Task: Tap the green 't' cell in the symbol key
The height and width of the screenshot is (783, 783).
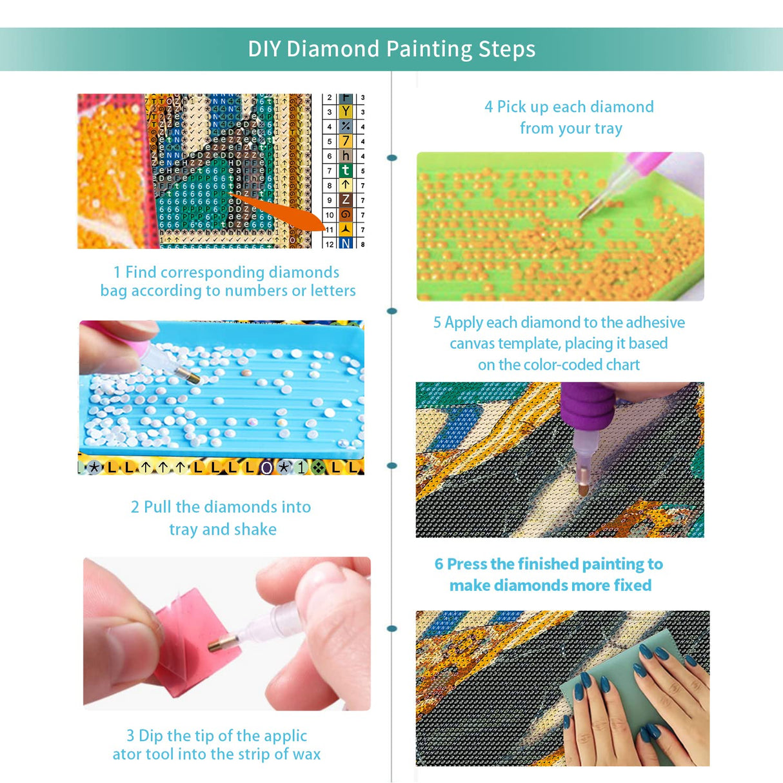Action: [346, 170]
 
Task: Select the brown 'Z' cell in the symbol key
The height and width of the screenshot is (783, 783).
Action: [346, 200]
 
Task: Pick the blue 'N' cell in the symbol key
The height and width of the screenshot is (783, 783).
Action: [346, 244]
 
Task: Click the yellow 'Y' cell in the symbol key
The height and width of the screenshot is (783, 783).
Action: [346, 112]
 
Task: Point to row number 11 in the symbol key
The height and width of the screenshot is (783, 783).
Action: [330, 230]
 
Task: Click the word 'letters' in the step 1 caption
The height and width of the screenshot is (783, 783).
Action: [333, 291]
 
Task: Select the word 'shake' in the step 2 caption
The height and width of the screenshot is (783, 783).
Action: [255, 530]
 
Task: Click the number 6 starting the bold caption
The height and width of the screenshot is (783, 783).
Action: [439, 564]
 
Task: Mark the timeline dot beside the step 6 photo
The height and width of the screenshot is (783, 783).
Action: [392, 629]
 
